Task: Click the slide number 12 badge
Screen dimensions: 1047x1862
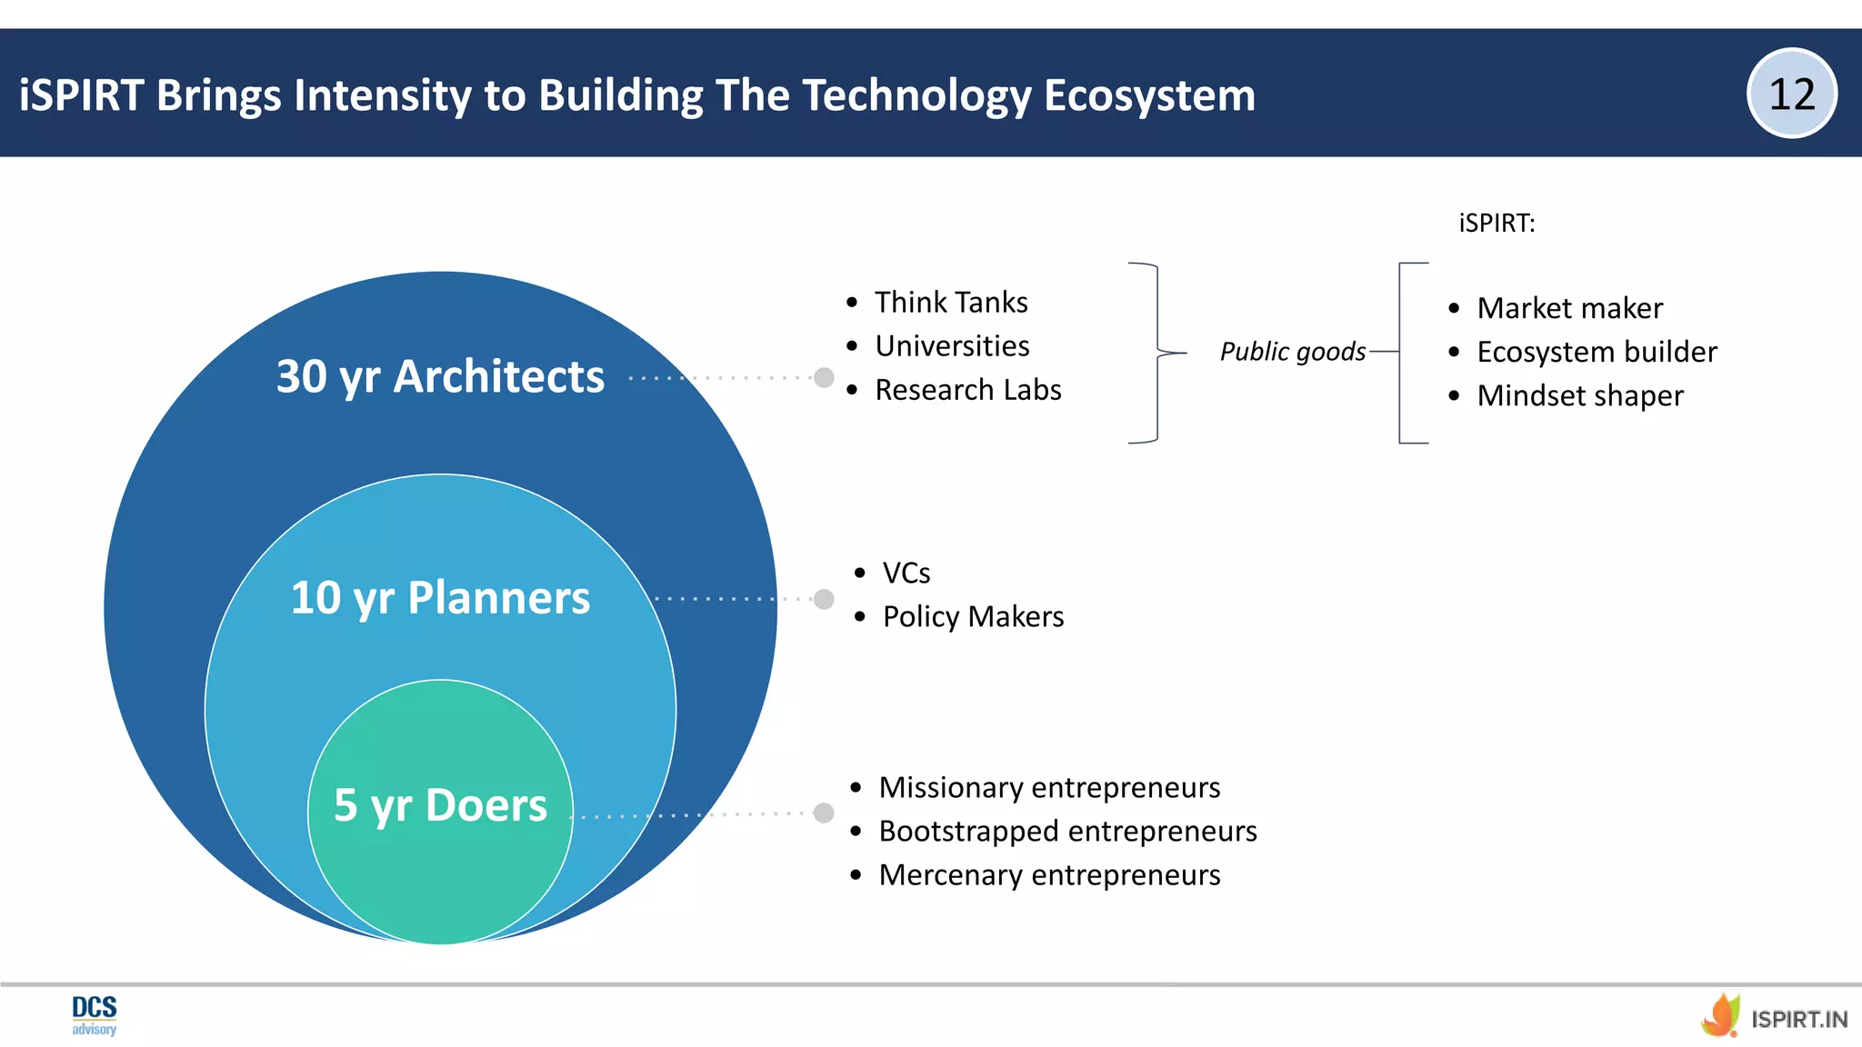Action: (x=1791, y=94)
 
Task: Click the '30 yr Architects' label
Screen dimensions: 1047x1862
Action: (x=440, y=376)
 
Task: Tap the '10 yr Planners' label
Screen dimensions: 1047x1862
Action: (x=440, y=598)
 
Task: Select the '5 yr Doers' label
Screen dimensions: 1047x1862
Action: (x=440, y=805)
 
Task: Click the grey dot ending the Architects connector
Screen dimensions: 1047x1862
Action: (x=824, y=377)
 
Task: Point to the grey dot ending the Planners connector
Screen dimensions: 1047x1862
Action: (x=824, y=599)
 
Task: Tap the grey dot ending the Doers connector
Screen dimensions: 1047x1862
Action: (x=824, y=813)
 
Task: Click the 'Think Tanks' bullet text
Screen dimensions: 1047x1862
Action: (x=951, y=302)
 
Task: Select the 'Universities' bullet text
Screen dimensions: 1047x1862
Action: (x=952, y=345)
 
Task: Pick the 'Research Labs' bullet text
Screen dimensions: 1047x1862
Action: (x=967, y=390)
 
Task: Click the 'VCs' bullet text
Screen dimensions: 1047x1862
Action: (x=906, y=573)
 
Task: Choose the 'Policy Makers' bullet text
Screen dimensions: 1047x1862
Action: (x=973, y=617)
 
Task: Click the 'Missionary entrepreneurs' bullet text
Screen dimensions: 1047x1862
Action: (x=1049, y=787)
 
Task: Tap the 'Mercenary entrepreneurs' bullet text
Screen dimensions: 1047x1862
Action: (x=1049, y=874)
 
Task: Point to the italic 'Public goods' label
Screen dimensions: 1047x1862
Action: (x=1292, y=352)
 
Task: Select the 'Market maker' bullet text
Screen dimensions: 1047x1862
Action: (x=1569, y=308)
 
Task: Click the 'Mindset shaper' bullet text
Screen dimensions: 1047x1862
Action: (x=1580, y=395)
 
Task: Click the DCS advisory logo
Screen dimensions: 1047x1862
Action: (x=95, y=1014)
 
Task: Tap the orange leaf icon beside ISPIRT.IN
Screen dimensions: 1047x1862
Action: (x=1721, y=1015)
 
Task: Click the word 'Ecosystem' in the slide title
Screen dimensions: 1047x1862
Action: (x=1149, y=95)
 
